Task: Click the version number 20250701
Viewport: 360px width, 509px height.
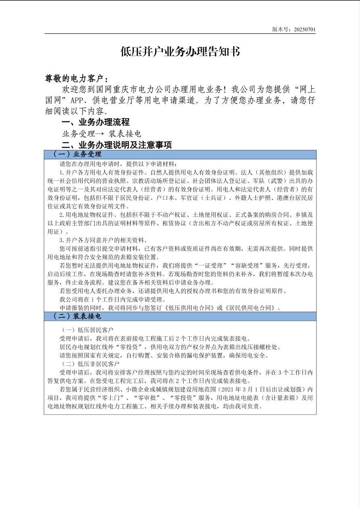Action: point(305,29)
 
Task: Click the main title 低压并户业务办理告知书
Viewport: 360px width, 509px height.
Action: point(180,52)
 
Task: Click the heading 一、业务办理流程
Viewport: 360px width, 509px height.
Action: point(95,122)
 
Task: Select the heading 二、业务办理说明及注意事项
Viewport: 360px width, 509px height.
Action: point(117,145)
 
